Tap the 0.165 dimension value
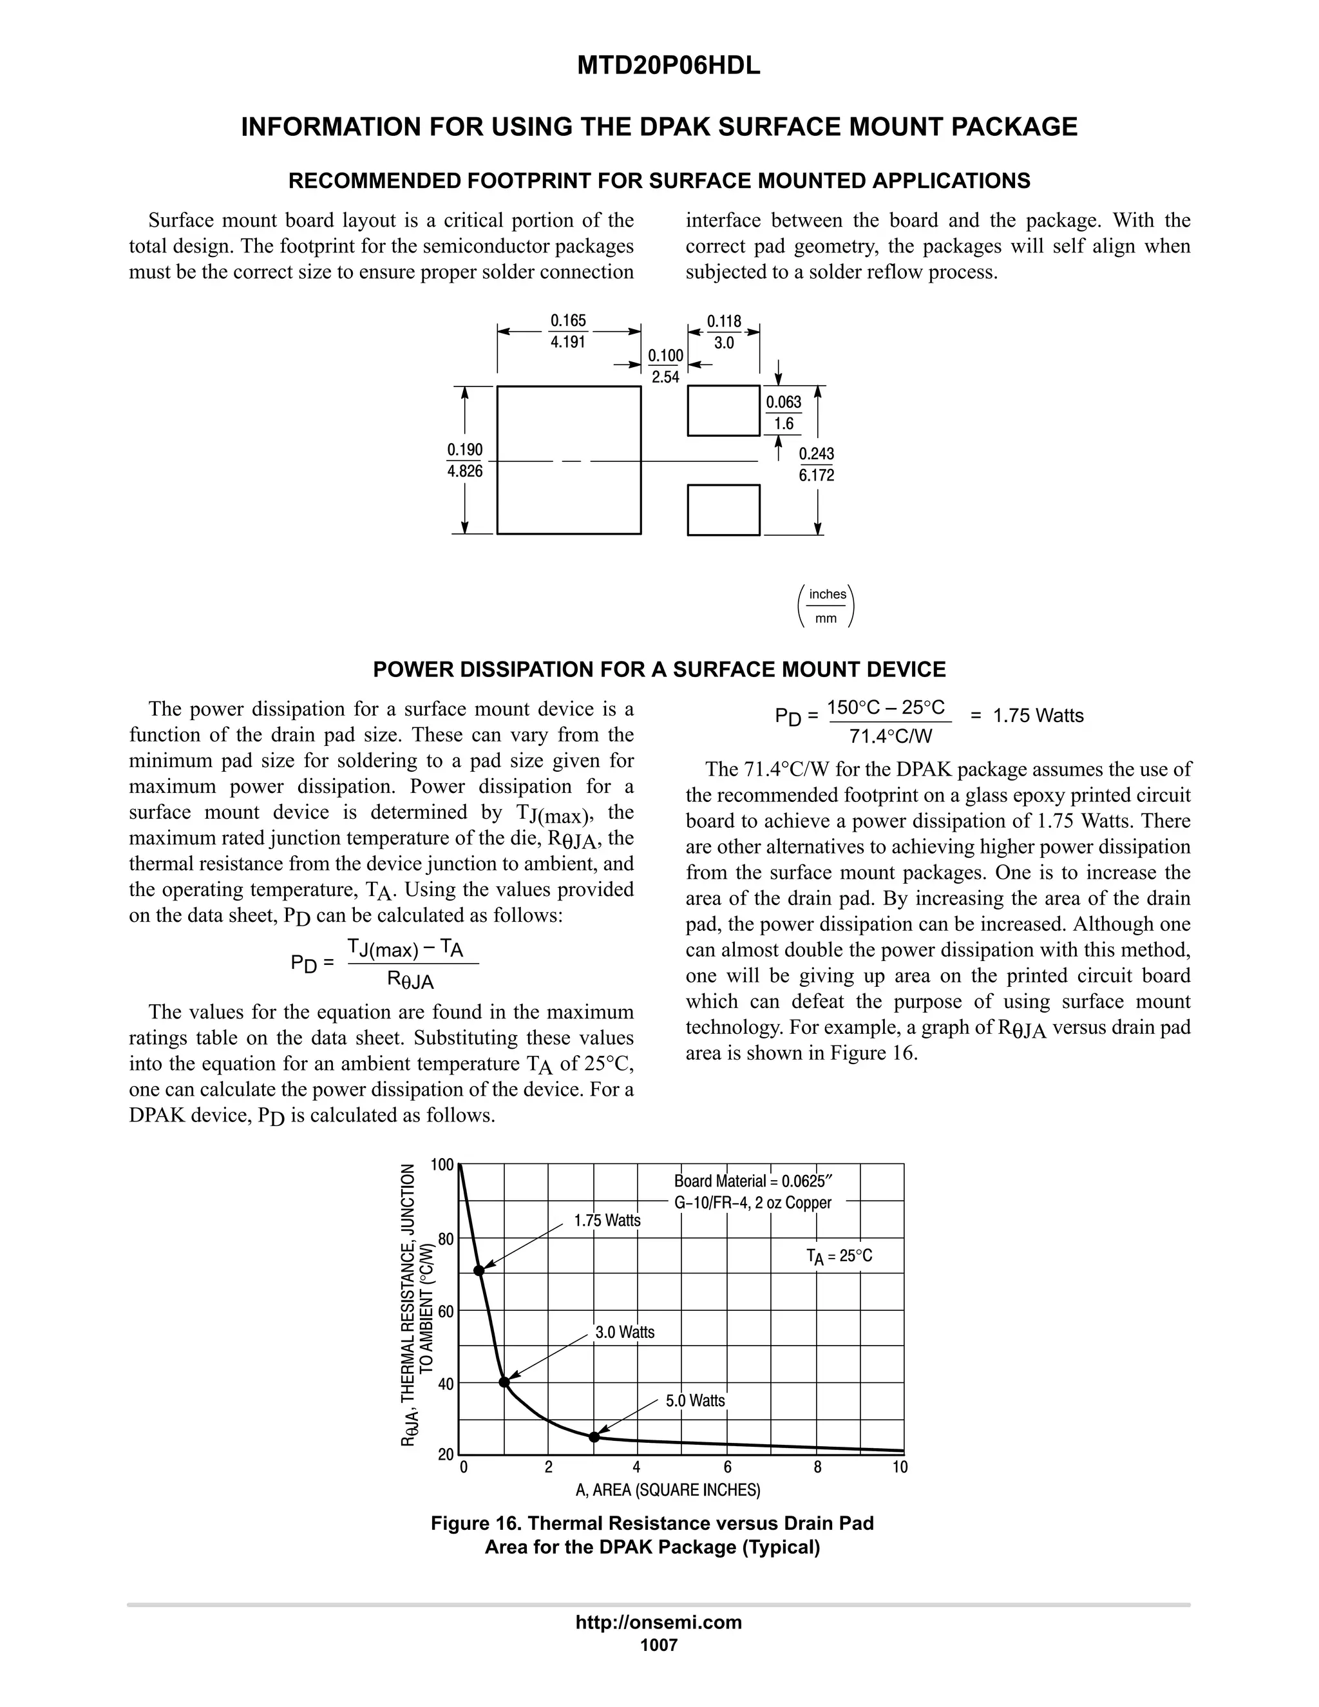tap(568, 320)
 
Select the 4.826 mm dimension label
tap(464, 472)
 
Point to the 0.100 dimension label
tap(665, 356)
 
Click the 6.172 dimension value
tap(816, 475)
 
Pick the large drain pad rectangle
tap(569, 459)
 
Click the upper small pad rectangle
tap(723, 410)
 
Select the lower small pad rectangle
tap(723, 510)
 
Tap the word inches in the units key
tap(828, 594)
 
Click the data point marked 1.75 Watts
tap(479, 1271)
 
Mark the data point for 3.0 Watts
tap(504, 1382)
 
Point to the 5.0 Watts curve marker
tap(594, 1436)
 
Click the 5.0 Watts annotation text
tap(695, 1400)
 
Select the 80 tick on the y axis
tap(446, 1239)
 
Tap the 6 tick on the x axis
tap(728, 1467)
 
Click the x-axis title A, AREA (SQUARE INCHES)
tap(667, 1490)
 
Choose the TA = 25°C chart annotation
tap(839, 1256)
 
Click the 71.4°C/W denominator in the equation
tap(890, 736)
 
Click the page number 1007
tap(658, 1645)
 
